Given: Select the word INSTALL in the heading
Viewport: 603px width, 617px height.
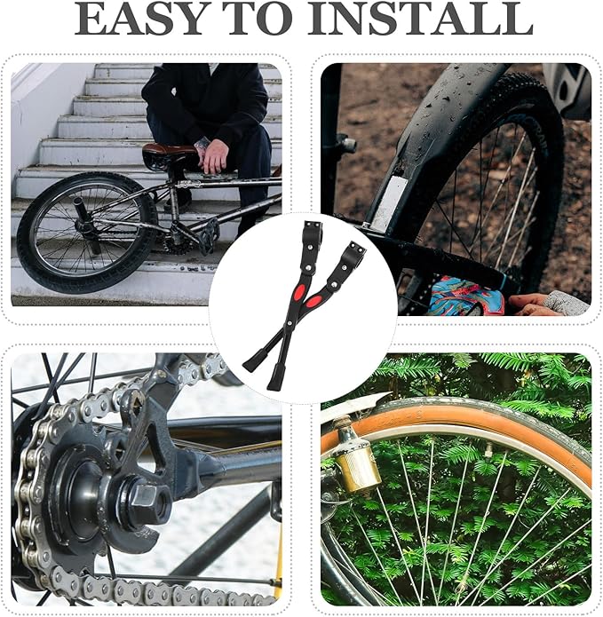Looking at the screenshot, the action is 420,19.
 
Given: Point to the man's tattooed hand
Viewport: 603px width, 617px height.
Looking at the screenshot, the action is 212,154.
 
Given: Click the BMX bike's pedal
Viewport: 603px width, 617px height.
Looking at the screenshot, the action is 210,235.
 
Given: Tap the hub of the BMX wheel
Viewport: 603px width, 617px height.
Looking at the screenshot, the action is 86,226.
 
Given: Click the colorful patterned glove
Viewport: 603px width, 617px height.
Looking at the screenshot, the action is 466,295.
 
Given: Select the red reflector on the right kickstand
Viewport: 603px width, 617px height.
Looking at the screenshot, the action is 313,302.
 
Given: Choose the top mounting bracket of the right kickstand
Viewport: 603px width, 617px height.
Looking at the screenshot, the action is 353,252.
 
